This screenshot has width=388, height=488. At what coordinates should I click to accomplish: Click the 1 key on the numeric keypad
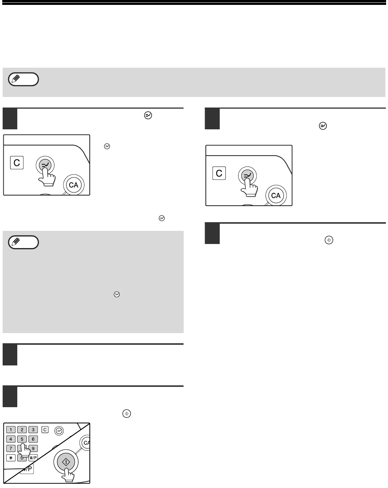point(11,429)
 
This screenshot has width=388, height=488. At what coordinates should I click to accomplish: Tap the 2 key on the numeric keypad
point(22,429)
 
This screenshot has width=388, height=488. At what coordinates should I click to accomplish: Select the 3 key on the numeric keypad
point(33,429)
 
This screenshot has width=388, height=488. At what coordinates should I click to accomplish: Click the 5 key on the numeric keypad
point(22,439)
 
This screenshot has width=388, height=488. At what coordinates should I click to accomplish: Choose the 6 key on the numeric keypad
point(33,439)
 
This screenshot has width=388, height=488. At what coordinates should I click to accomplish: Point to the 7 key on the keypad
point(11,448)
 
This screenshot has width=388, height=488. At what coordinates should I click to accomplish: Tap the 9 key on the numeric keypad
point(33,448)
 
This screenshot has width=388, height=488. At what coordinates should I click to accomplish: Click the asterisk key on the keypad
point(11,458)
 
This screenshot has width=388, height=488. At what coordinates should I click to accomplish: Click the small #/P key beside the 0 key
point(33,458)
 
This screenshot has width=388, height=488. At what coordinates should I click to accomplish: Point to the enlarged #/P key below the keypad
point(27,469)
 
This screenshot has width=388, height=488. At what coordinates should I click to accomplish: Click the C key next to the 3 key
point(45,429)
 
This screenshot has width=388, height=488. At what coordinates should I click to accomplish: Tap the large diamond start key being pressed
point(66,462)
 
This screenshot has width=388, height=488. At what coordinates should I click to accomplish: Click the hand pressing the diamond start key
point(68,475)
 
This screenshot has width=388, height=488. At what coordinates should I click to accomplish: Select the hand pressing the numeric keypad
point(24,450)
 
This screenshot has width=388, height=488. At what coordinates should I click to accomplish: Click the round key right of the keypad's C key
point(59,430)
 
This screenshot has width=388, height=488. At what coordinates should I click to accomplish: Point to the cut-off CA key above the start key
point(85,443)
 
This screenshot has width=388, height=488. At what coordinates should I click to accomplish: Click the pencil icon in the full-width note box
point(16,79)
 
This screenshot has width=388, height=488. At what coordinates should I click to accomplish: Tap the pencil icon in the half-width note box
point(16,242)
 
